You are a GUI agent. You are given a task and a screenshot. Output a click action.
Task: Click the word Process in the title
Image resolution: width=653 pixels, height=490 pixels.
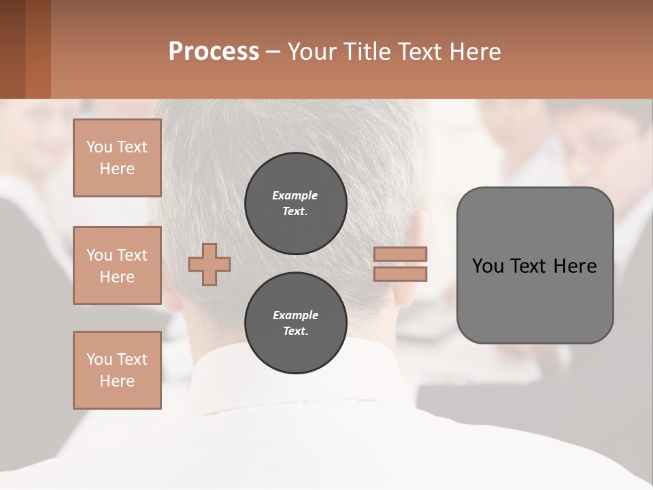[x=214, y=52]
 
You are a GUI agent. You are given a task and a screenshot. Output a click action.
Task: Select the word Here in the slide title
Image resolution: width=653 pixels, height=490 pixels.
[x=475, y=52]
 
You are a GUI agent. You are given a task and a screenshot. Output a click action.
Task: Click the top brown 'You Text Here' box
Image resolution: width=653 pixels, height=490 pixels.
[x=117, y=158]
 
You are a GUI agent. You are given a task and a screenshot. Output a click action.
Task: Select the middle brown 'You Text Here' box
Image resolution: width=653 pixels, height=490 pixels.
[x=117, y=265]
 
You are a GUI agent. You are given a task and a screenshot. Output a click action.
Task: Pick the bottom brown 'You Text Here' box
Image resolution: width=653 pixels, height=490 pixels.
[x=117, y=370]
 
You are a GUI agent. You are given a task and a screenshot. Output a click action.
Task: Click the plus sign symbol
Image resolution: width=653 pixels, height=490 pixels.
[x=210, y=265]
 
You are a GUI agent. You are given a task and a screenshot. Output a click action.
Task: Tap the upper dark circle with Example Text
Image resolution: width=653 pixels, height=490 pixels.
[x=295, y=203]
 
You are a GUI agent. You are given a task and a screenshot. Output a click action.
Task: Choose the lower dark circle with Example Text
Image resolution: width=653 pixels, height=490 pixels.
[x=295, y=323]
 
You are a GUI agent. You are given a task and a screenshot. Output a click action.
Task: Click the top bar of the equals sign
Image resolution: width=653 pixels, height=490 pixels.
[x=400, y=254]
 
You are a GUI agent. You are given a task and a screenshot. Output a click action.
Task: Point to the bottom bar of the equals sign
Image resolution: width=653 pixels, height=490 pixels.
[x=400, y=274]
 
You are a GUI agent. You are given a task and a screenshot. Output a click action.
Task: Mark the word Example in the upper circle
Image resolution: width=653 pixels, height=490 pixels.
[x=295, y=195]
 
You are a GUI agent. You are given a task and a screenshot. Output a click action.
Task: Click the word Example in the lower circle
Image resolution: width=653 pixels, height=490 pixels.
[x=295, y=315]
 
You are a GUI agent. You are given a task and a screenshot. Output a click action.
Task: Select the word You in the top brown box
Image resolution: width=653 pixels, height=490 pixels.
[x=99, y=147]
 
